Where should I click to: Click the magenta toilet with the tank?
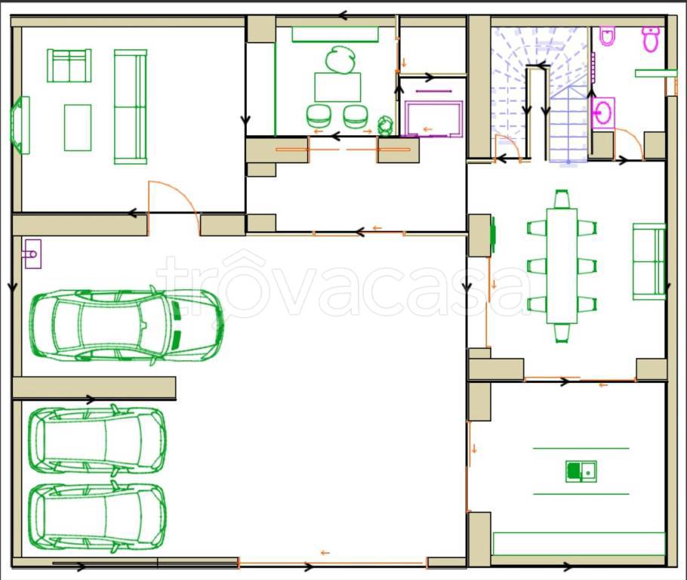point(651,39)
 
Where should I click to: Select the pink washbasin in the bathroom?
point(603,113)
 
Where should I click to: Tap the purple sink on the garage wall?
point(33,254)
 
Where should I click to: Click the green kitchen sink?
point(581,471)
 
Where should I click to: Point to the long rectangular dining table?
point(562,266)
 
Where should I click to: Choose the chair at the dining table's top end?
point(562,199)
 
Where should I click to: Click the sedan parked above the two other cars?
point(126,325)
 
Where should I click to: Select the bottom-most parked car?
point(97,517)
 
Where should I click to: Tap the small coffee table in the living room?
point(78,128)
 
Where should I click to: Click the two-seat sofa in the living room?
point(69,65)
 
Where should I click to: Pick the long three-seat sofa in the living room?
point(130,106)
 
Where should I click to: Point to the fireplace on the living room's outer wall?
point(20,125)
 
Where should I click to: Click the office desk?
point(337,88)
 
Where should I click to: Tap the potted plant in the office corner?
point(385,125)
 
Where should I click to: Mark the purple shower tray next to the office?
point(433,119)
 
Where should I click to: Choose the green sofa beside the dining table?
point(649,262)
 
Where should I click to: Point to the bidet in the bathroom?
point(607,36)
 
